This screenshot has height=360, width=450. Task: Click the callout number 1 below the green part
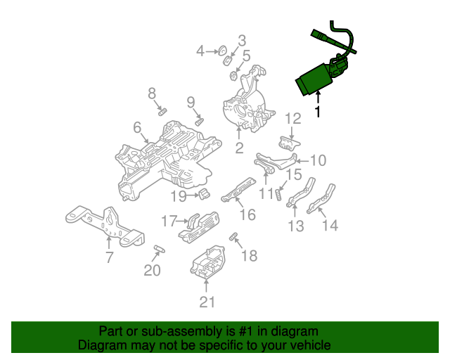[317, 111]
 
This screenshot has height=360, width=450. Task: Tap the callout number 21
[207, 302]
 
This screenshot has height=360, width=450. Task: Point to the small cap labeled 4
[223, 51]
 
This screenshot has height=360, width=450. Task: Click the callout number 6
[137, 127]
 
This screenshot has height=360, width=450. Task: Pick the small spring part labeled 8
[162, 111]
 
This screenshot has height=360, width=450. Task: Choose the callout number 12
[293, 118]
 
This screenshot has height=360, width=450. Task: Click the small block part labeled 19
[204, 194]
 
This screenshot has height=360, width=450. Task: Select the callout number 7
[110, 257]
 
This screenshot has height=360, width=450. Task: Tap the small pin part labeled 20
[160, 249]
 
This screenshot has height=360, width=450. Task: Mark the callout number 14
[330, 225]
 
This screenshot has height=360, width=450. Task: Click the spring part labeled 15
[278, 195]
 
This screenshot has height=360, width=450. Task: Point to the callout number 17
[169, 221]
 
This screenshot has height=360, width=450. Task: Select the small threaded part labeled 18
[233, 236]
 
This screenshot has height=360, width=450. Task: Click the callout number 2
[239, 148]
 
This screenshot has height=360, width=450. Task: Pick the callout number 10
[319, 160]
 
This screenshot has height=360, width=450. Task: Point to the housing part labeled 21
[208, 262]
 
